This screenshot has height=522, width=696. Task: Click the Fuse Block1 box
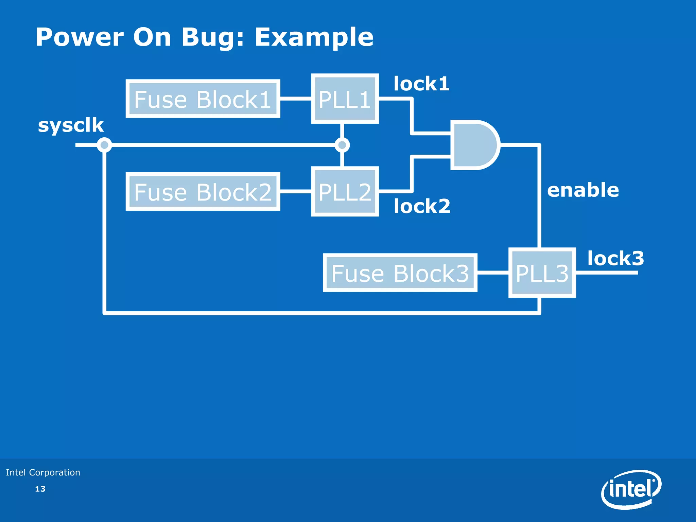coord(203,99)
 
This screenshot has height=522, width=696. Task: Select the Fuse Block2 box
coord(203,192)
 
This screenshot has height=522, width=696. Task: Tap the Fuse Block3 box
coord(400,273)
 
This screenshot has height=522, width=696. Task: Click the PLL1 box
coord(345,99)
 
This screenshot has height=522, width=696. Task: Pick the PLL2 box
coord(345,192)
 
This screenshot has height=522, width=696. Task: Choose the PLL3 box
coord(542,273)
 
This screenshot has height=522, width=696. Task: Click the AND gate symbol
coord(474,145)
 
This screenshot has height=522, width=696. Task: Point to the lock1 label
coord(421,84)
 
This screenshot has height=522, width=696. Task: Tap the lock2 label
coord(422,206)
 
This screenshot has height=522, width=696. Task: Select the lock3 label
coord(615,258)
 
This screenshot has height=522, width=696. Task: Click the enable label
coord(583,190)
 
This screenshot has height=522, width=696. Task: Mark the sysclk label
coord(71,125)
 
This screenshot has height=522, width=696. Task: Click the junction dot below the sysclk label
coord(104,145)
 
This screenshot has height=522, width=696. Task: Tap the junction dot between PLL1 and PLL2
coord(342,145)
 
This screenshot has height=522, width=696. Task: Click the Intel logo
coord(631,489)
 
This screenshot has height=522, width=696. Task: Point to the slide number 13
coord(40,489)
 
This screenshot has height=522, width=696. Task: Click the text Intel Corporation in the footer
coord(43,472)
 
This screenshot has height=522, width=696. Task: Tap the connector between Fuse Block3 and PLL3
coord(493,273)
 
